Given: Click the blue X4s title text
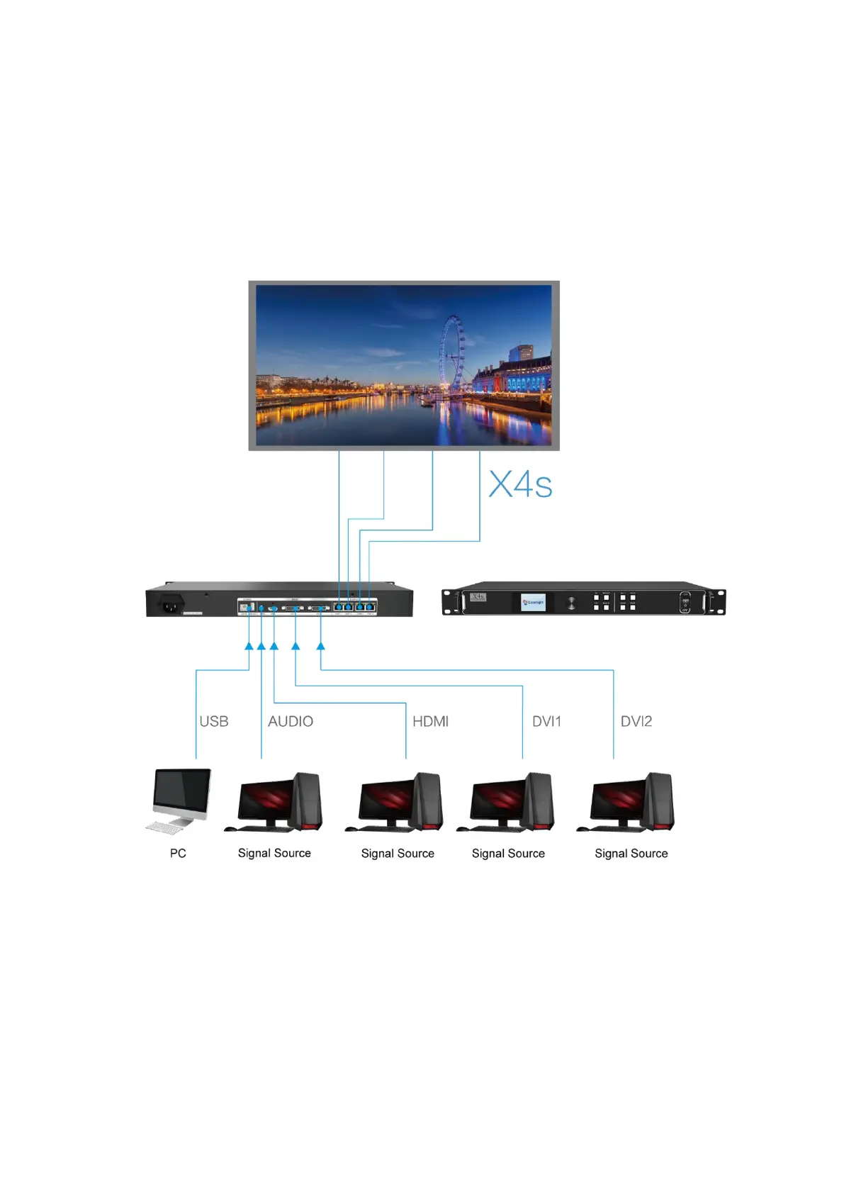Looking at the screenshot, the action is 520,485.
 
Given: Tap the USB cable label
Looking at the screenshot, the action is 214,721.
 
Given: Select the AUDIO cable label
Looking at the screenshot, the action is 291,721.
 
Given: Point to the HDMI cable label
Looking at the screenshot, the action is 430,721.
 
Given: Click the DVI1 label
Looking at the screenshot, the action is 546,721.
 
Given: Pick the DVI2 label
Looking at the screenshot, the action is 636,721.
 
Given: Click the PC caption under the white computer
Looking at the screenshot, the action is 178,853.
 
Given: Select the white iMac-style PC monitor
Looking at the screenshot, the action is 182,794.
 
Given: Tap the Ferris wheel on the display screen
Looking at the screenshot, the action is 452,353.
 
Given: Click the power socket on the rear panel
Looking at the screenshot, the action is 170,606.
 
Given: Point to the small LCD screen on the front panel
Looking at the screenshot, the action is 533,602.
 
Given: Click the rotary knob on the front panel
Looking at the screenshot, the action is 571,603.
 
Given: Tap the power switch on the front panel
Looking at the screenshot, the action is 685,602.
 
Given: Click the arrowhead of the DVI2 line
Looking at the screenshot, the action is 320,646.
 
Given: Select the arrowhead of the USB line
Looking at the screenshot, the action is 249,646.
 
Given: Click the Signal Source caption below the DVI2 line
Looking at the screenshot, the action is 631,853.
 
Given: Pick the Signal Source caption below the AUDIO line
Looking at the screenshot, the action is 274,853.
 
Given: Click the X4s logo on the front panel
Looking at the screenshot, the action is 478,597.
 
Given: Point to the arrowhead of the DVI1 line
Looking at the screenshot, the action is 296,646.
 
